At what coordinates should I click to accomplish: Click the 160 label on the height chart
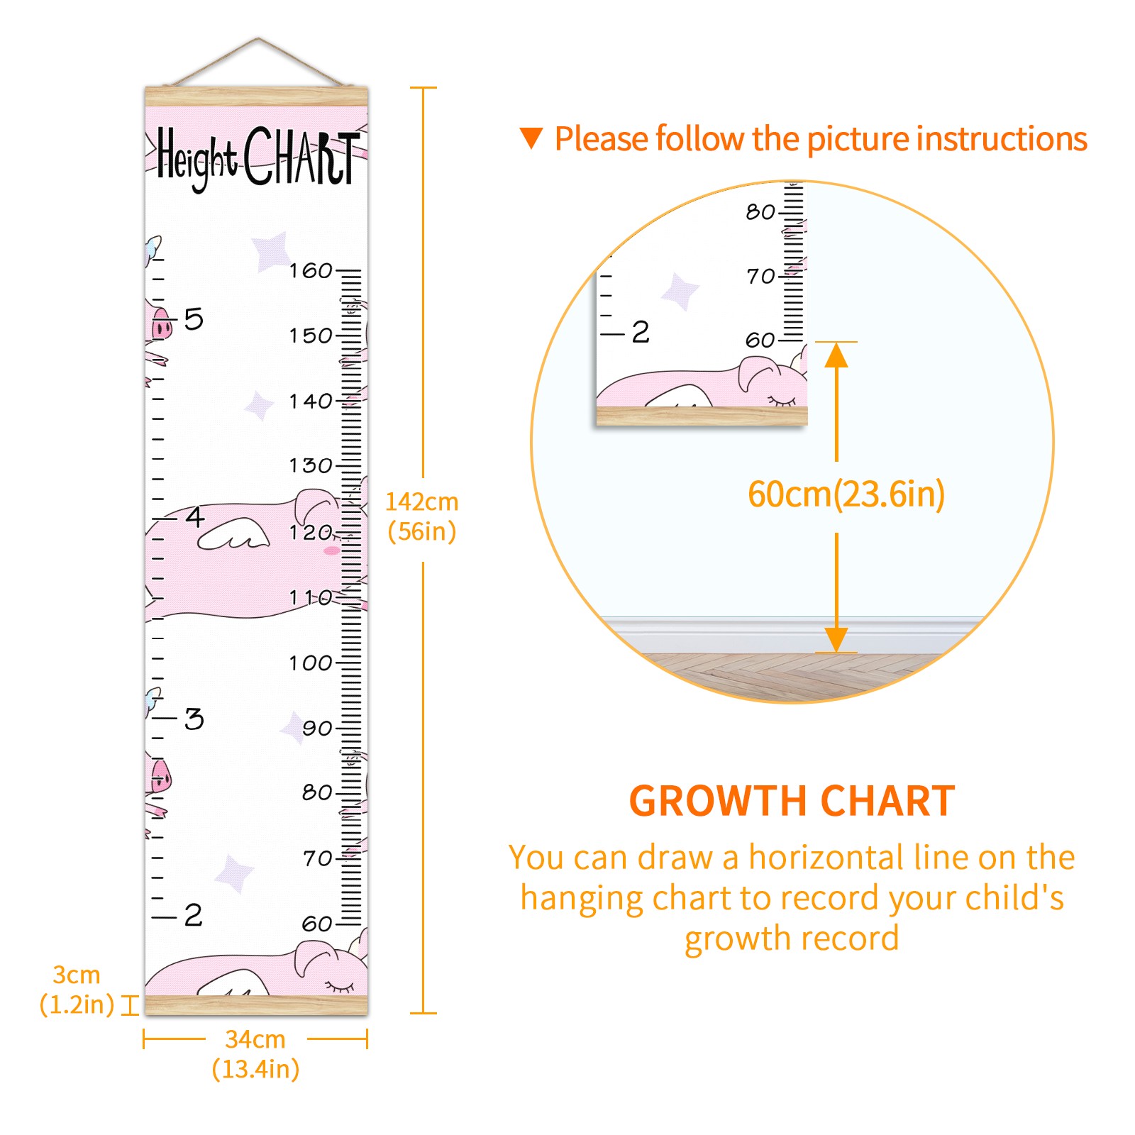pyautogui.click(x=311, y=270)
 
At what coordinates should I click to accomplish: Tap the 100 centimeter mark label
pyautogui.click(x=311, y=663)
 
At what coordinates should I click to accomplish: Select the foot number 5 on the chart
pyautogui.click(x=194, y=319)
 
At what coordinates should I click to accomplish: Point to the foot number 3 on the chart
pyautogui.click(x=194, y=719)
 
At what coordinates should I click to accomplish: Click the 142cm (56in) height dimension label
pyautogui.click(x=422, y=516)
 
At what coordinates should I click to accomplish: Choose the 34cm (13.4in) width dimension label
pyautogui.click(x=255, y=1054)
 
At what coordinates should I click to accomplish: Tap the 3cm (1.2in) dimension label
pyautogui.click(x=77, y=990)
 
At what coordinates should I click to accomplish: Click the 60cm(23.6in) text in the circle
pyautogui.click(x=846, y=494)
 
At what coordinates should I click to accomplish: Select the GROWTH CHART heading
pyautogui.click(x=792, y=801)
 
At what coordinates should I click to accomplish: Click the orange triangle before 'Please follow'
pyautogui.click(x=531, y=138)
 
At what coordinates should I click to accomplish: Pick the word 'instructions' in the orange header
pyautogui.click(x=1006, y=138)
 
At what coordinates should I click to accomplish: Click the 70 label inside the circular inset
pyautogui.click(x=760, y=276)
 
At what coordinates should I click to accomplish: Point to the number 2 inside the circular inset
pyautogui.click(x=641, y=332)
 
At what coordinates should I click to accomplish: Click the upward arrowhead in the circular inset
pyautogui.click(x=836, y=355)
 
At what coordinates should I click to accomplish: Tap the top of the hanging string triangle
pyautogui.click(x=258, y=38)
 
